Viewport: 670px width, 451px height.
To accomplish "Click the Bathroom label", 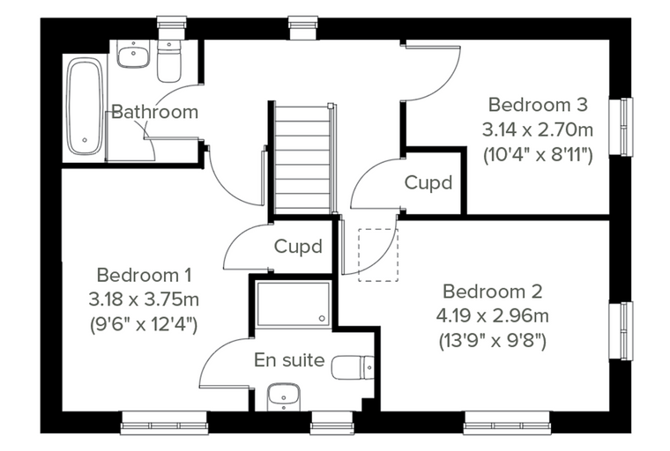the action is click(x=154, y=112).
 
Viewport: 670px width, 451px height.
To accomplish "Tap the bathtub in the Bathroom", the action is click(x=85, y=107).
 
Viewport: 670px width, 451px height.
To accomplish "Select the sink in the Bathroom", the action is click(x=134, y=54).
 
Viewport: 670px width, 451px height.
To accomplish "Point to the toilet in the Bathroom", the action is click(x=168, y=61).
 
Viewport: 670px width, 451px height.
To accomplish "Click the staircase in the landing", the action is click(x=302, y=158).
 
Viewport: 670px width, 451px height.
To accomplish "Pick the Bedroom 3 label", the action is click(x=538, y=105).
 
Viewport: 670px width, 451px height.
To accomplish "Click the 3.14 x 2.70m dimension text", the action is click(x=538, y=129).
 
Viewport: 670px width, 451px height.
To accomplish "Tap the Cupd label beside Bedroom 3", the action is click(x=428, y=183).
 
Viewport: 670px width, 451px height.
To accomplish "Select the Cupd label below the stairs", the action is click(x=298, y=247).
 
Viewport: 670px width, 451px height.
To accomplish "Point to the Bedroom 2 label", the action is click(x=493, y=292).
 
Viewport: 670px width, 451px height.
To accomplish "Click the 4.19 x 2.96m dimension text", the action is click(x=493, y=316).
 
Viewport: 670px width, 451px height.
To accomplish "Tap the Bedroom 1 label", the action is click(x=144, y=276).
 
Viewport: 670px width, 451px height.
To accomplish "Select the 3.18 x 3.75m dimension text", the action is click(x=144, y=299).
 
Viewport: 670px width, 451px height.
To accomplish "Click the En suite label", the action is click(x=289, y=360).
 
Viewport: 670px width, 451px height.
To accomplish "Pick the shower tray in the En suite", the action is click(x=293, y=304).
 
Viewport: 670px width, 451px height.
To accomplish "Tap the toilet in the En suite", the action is click(x=353, y=367).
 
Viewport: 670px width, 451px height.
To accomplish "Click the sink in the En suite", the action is click(x=284, y=396).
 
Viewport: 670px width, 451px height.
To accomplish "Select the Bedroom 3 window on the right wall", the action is click(x=622, y=127).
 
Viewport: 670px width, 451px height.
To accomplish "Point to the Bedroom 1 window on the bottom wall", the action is click(x=164, y=423).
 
